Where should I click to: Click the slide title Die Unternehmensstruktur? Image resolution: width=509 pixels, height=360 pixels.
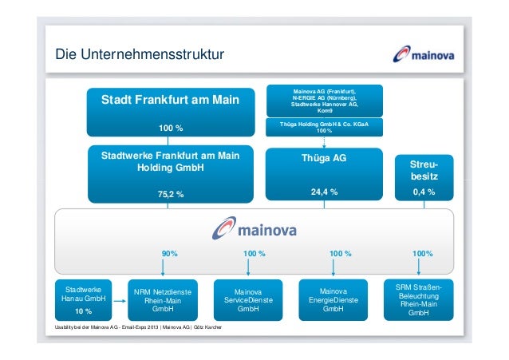(140, 55)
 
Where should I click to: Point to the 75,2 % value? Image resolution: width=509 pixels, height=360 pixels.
(170, 193)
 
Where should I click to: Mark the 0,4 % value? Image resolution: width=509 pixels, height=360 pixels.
(424, 192)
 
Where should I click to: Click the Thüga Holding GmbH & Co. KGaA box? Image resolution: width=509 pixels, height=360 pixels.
(324, 128)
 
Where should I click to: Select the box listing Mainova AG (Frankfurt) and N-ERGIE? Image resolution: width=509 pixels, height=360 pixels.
(324, 101)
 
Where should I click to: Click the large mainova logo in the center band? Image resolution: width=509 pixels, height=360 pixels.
(253, 229)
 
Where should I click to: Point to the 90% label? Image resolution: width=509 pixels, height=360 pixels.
(170, 253)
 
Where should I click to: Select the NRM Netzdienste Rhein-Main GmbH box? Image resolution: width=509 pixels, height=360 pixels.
(163, 299)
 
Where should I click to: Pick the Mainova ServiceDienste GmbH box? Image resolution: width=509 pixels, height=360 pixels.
(248, 299)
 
